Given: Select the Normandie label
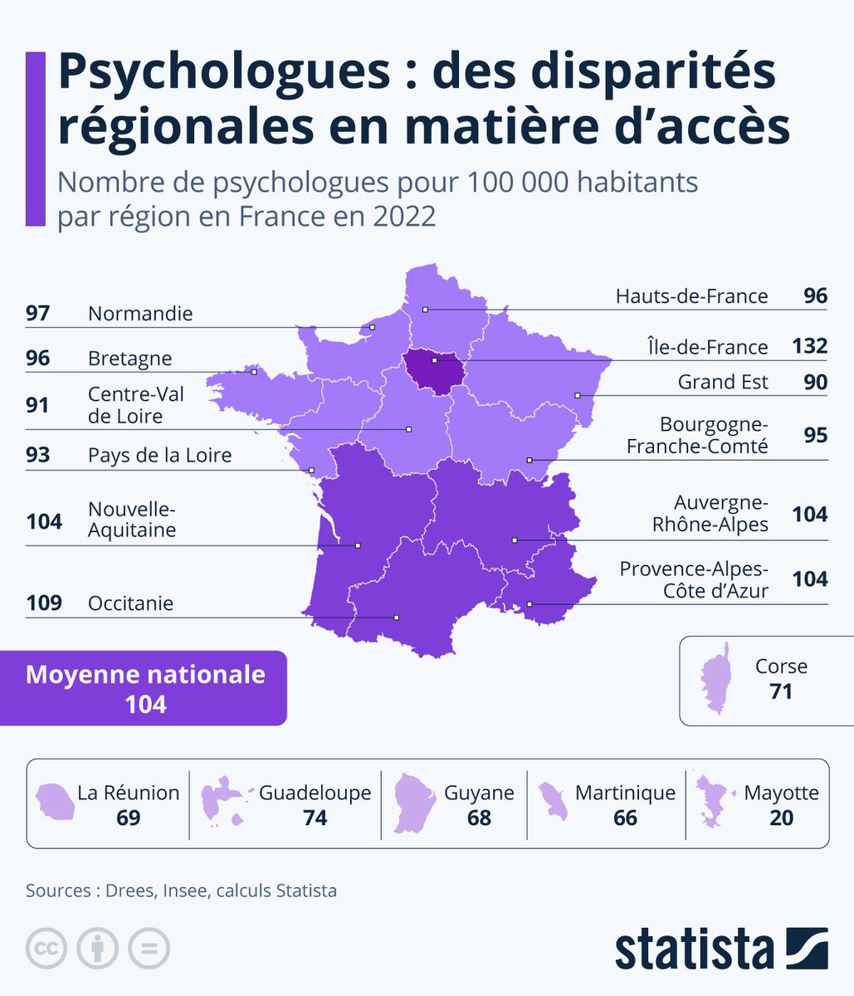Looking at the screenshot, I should click(140, 314).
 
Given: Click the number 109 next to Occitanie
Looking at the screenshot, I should click(44, 603).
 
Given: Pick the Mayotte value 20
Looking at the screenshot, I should click(781, 818).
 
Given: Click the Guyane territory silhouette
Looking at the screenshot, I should click(412, 803).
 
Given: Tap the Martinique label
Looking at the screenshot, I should click(625, 793).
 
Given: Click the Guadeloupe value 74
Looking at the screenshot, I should click(315, 818).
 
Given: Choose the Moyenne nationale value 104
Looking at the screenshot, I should click(145, 705).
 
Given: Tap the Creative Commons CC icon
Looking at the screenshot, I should click(46, 947).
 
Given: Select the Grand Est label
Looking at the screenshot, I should click(723, 382).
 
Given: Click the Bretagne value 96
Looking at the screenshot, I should click(38, 359).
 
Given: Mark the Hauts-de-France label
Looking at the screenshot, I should click(691, 296).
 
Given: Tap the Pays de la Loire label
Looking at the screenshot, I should click(159, 455).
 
